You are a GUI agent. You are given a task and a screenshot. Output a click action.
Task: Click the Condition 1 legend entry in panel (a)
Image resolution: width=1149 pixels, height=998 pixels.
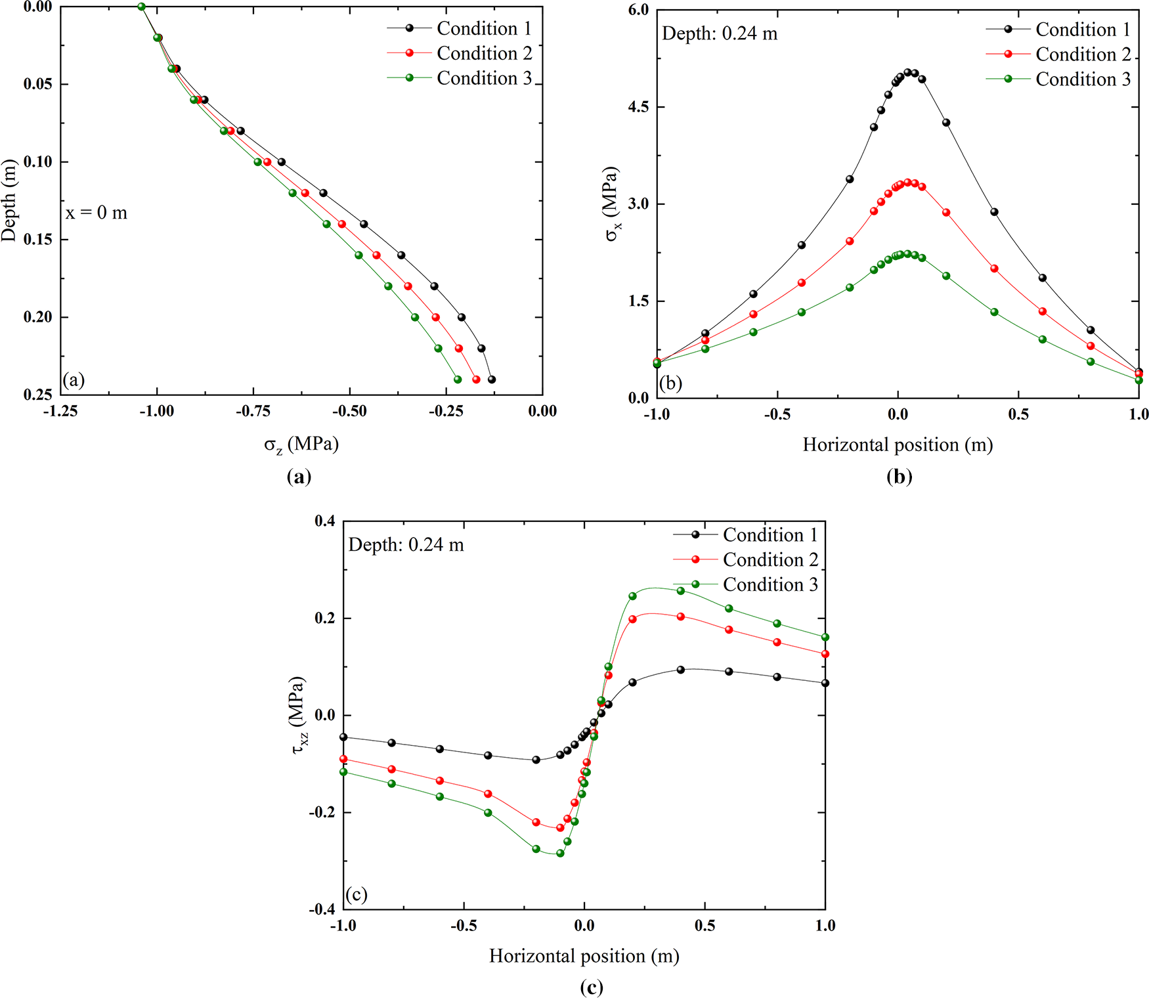484,28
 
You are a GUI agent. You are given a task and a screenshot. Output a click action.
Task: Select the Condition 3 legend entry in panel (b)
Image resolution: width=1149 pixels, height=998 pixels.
1083,79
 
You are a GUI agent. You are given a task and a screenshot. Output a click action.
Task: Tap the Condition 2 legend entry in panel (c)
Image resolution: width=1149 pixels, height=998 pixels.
770,560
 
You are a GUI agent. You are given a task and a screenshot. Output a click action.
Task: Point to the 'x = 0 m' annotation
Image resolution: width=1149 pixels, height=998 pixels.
97,213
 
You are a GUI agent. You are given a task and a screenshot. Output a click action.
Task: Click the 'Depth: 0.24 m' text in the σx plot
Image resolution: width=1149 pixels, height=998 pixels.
720,33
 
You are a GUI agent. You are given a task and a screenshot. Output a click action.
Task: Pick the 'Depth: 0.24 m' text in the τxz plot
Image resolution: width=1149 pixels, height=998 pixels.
406,545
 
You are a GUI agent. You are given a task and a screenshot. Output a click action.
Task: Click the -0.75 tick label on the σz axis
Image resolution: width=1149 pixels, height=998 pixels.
253,412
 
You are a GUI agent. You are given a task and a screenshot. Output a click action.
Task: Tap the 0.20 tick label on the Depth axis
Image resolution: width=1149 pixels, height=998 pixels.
38,317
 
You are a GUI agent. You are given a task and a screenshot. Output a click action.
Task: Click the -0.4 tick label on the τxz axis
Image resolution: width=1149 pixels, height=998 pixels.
322,909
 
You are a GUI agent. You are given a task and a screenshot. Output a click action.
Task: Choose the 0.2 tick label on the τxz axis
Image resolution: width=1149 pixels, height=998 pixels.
325,618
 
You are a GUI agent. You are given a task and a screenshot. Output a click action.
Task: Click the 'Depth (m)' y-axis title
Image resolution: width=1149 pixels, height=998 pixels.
9,200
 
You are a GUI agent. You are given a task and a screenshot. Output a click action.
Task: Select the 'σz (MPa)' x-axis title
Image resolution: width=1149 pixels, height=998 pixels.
301,445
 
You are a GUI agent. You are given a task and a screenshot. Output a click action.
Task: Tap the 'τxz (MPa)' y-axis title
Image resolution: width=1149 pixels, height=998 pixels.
299,715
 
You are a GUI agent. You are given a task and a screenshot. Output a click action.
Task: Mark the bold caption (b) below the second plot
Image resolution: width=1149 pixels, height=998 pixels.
899,477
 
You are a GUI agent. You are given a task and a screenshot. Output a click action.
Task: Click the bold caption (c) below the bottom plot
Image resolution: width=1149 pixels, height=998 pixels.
592,987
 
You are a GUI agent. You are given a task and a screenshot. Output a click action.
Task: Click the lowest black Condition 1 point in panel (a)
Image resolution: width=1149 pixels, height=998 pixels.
492,380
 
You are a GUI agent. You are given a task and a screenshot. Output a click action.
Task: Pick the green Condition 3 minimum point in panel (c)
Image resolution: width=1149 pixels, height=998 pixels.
560,854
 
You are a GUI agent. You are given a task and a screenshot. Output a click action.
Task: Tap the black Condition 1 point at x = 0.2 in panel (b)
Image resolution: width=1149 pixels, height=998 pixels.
946,123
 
